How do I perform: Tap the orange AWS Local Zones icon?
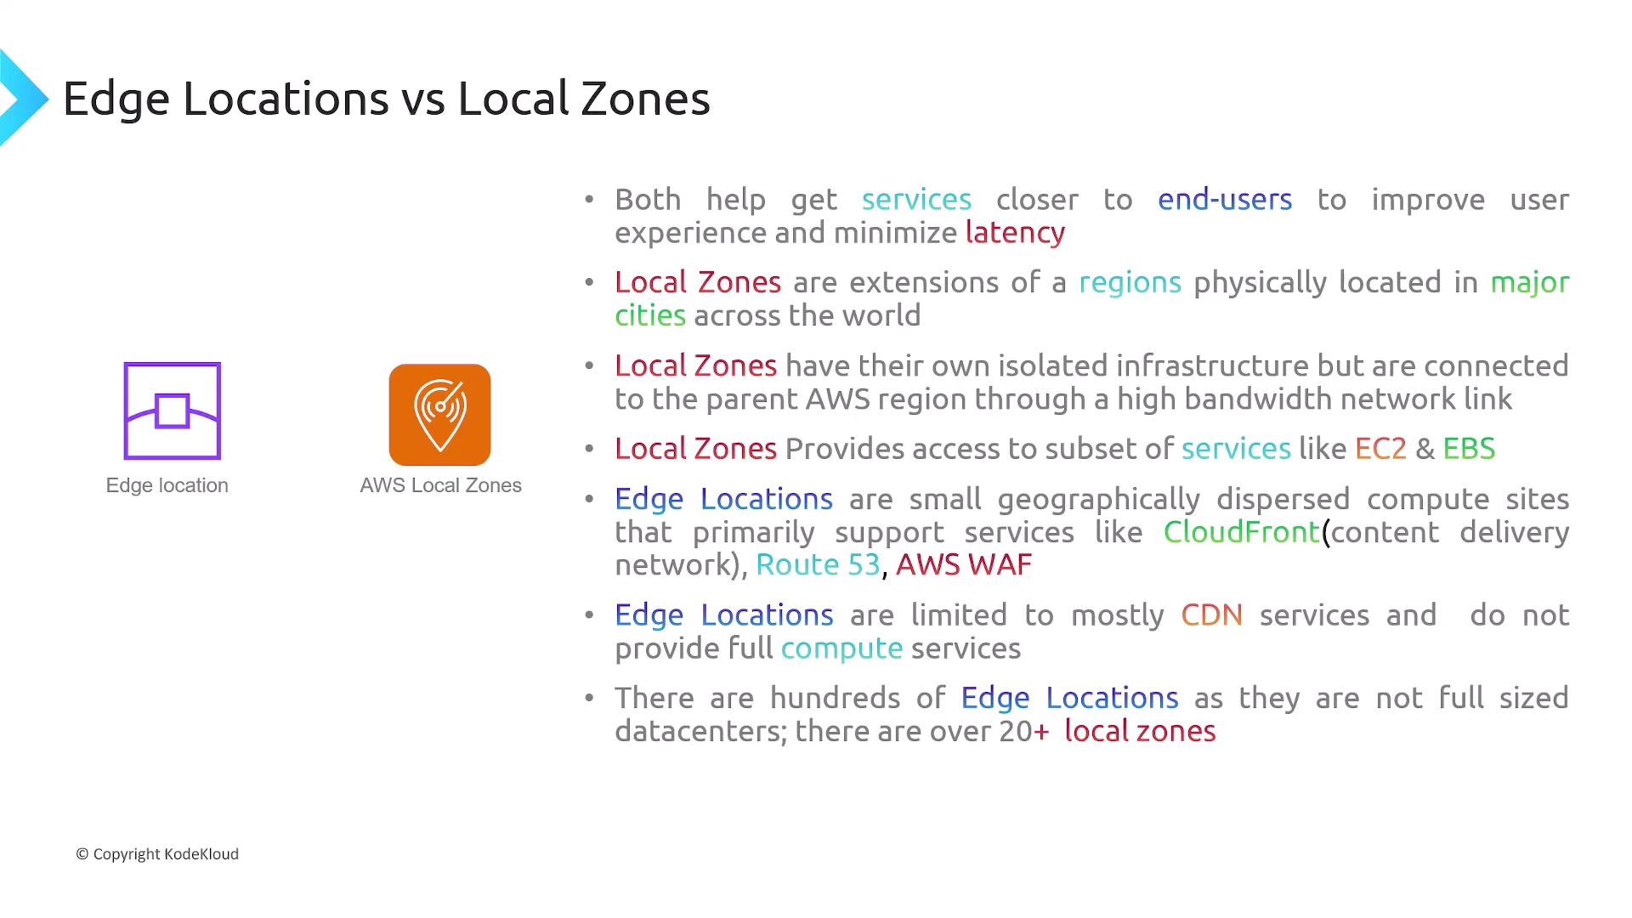(x=439, y=415)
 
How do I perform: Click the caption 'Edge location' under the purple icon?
(x=167, y=485)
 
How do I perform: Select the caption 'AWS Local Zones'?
(x=440, y=485)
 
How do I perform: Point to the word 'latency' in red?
(x=1015, y=233)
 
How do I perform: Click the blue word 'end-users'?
(x=1225, y=200)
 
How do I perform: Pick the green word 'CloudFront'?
(x=1241, y=532)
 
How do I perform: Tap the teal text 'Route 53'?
(x=818, y=565)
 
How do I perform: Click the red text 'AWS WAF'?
(x=964, y=565)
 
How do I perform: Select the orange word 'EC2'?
(x=1380, y=449)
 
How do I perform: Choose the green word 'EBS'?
(x=1469, y=449)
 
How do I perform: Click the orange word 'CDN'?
(x=1211, y=615)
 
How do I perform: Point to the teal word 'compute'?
(x=841, y=649)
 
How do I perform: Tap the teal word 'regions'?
(x=1130, y=283)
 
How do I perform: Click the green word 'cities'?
(x=650, y=315)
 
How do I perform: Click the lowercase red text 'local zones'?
(x=1140, y=732)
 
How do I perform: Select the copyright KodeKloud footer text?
(x=157, y=854)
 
